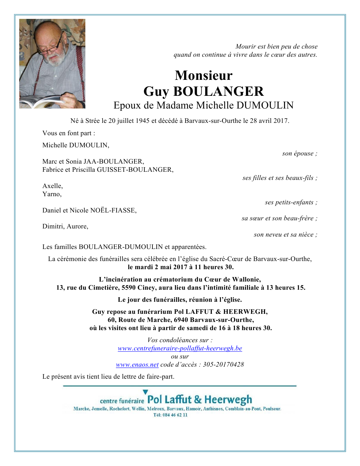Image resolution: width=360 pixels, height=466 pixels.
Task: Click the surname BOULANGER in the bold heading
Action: click(x=218, y=92)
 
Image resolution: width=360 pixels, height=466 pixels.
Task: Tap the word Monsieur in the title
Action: click(x=204, y=75)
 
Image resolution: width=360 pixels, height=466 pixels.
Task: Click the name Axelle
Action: click(x=52, y=186)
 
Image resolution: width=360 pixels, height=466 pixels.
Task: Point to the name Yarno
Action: click(x=52, y=194)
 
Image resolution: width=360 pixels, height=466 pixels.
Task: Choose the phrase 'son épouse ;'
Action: click(x=299, y=153)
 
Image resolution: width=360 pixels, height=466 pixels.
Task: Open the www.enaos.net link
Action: click(x=137, y=365)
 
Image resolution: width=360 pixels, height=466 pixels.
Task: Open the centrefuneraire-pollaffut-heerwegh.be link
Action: click(x=180, y=348)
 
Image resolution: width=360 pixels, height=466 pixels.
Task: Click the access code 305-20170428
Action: click(x=223, y=365)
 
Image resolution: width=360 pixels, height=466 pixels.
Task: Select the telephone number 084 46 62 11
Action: click(x=175, y=415)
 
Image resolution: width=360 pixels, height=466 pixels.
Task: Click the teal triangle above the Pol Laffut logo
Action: click(x=145, y=392)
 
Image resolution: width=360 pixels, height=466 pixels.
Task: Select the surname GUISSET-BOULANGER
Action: click(x=135, y=170)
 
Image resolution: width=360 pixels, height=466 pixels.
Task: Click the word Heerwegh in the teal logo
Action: click(x=228, y=400)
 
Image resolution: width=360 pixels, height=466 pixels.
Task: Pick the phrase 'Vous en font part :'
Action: click(x=69, y=133)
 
